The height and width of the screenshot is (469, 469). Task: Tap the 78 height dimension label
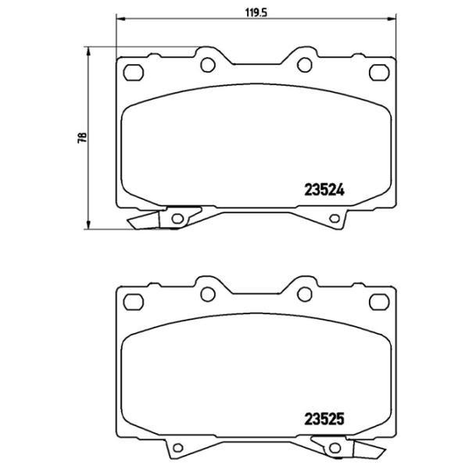coord(81,138)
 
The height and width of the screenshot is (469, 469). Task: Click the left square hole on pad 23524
coord(134,73)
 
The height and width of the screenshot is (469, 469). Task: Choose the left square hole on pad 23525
coord(134,302)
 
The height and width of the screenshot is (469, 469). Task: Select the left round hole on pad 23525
coord(208,294)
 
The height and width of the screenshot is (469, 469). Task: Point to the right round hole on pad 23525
coord(302,294)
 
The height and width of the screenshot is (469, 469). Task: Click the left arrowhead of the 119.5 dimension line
coord(118,20)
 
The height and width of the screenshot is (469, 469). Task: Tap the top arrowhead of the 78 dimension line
coord(89,50)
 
